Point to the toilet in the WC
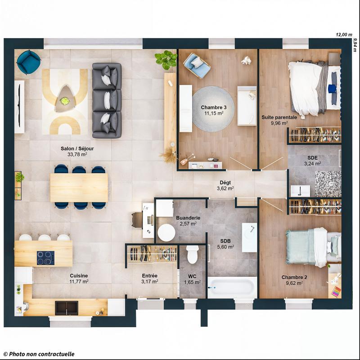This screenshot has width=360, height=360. (193, 255)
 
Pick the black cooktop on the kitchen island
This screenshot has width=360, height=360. (45, 258)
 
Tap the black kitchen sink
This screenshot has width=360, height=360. (67, 308)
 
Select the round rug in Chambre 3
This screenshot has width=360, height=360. (214, 109)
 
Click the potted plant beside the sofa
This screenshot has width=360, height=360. (166, 59)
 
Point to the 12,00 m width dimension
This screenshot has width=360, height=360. (344, 35)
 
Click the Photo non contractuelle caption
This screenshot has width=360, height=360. (38, 355)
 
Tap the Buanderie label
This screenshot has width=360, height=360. (188, 217)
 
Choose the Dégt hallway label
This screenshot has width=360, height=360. (225, 182)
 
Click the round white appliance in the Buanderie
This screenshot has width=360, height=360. (166, 232)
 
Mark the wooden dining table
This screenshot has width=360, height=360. (79, 187)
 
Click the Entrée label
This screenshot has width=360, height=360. (149, 275)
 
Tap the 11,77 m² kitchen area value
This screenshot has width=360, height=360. (79, 282)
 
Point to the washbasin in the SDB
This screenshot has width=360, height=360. (249, 237)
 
